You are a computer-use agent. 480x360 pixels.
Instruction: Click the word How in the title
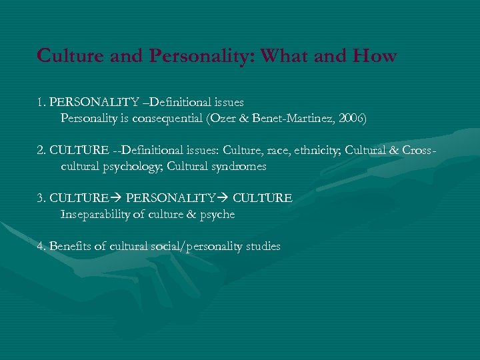[375, 55]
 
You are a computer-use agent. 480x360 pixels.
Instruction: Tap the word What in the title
[285, 55]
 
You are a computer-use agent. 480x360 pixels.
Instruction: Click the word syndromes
[242, 167]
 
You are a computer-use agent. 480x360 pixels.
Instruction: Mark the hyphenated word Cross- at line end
[419, 151]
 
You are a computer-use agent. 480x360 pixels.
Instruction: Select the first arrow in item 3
[117, 199]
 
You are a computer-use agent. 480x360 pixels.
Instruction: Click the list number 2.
[41, 151]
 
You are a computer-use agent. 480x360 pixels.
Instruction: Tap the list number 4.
[41, 247]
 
